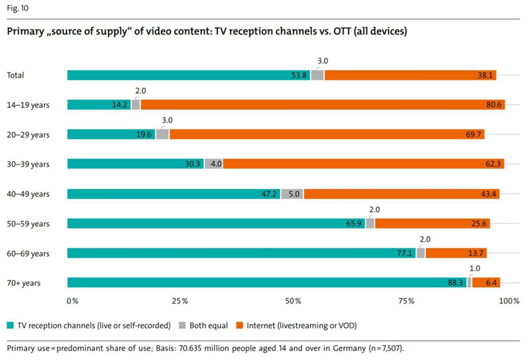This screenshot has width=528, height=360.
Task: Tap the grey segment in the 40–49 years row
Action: coord(293,194)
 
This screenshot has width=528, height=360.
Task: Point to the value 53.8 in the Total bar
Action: coord(300,75)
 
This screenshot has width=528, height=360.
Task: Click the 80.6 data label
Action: coord(493,105)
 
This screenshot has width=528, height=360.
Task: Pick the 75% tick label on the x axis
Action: coord(407,301)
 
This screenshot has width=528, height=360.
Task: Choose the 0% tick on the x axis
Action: coord(72,301)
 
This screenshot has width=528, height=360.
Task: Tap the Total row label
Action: coord(16,75)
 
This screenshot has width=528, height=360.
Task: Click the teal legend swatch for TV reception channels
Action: coord(10,325)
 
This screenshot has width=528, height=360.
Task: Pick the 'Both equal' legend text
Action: coord(207,325)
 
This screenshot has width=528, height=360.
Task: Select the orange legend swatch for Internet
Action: coord(239,325)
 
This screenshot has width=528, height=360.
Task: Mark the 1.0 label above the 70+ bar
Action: coord(475,268)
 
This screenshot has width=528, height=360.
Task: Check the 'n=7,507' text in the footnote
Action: coord(386,347)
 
